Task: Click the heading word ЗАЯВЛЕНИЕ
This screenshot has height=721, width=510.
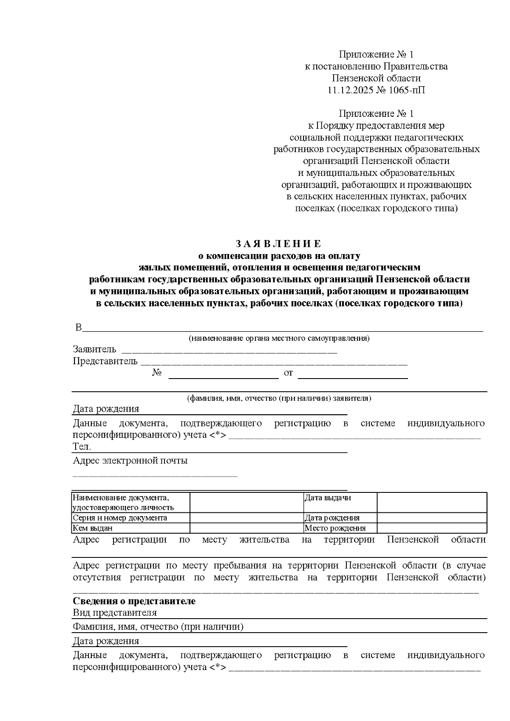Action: click(279, 244)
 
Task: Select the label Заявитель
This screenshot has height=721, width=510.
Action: click(94, 349)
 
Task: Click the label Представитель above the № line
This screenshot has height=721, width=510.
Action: click(105, 361)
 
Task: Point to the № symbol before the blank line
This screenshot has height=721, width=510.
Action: click(157, 373)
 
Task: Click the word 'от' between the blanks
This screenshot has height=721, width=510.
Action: click(288, 373)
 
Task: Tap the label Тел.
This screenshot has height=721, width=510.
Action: click(82, 447)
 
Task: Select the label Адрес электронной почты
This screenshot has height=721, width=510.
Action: click(130, 461)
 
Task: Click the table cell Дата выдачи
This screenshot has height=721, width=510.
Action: click(328, 498)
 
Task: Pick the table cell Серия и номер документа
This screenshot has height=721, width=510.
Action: click(120, 518)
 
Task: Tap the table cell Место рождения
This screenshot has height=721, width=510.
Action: click(335, 528)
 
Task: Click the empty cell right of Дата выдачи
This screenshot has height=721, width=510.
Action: click(431, 502)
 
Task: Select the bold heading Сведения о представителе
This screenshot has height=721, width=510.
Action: click(134, 601)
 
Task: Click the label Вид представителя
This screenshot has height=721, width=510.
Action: click(115, 613)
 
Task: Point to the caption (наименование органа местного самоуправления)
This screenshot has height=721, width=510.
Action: click(279, 339)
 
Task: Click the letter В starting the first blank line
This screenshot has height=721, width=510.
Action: click(78, 328)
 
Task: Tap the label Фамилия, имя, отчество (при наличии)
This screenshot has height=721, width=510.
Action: click(158, 627)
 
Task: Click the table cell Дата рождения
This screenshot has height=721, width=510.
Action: click(332, 518)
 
